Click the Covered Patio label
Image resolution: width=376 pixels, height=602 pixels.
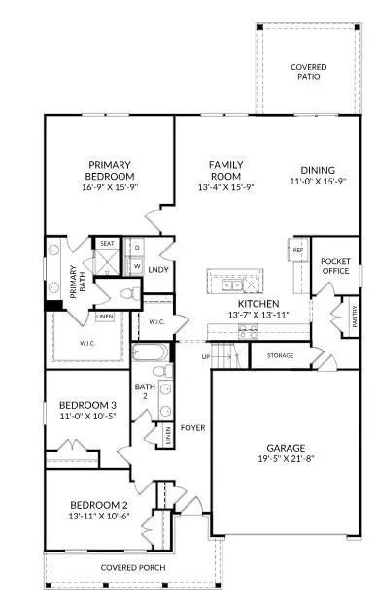(x=309, y=71)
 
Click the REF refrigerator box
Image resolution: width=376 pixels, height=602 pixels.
(x=298, y=251)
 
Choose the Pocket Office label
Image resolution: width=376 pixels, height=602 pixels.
(x=335, y=266)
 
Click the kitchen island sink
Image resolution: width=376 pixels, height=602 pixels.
(x=232, y=284)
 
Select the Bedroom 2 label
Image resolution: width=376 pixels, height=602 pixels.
(x=99, y=505)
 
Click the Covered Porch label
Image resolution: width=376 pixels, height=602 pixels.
(x=132, y=567)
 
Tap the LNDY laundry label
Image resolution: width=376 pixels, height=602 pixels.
(x=158, y=269)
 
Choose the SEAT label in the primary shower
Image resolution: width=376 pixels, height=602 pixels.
(x=107, y=244)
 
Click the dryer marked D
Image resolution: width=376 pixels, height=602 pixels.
(x=136, y=248)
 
